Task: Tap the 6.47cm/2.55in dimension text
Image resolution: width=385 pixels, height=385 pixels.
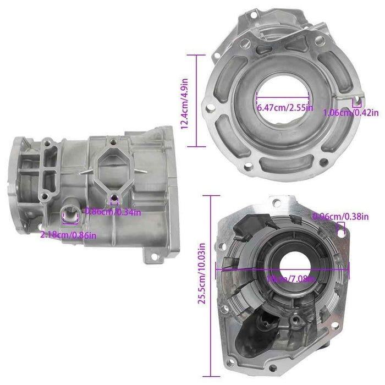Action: pos(285,108)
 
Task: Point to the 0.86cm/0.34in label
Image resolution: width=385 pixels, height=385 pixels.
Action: pos(113,211)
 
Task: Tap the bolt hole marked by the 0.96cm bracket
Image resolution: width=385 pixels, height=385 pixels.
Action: pos(340,233)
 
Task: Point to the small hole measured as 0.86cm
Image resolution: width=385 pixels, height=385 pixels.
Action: pos(114,199)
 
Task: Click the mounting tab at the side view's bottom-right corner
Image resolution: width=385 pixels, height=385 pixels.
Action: pos(150,254)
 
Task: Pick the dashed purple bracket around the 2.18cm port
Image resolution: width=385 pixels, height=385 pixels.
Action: pos(71,218)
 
